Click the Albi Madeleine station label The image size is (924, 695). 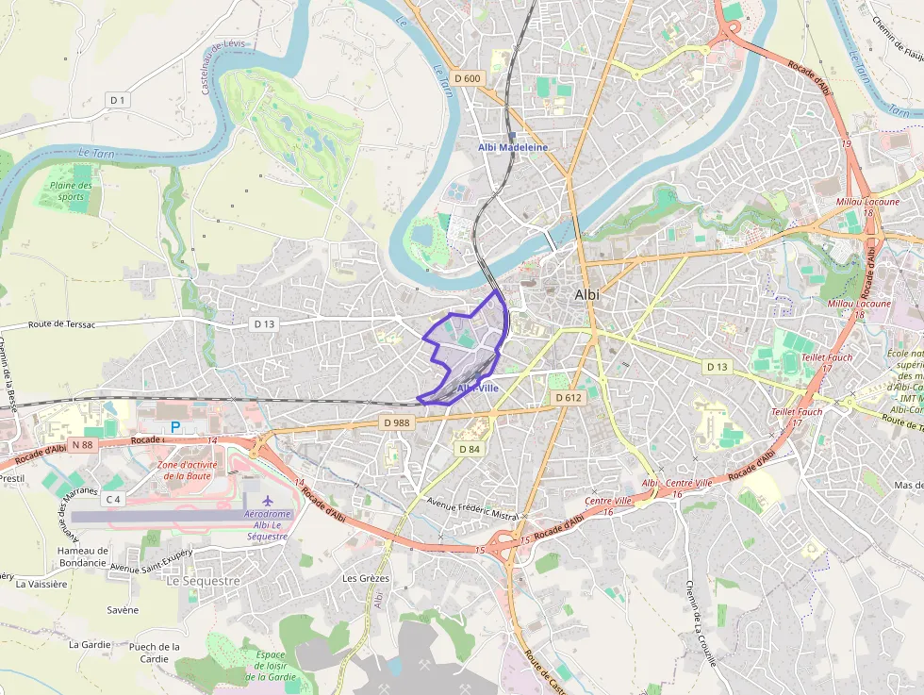coord(512,147)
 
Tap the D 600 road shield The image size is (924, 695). coord(466,78)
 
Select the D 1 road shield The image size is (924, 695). coord(118,99)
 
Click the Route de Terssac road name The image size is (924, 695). coord(62,324)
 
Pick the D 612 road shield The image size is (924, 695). coord(569,398)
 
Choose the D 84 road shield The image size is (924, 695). coord(470,449)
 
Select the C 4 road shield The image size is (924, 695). coord(114,499)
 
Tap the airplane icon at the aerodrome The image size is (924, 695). coord(268,499)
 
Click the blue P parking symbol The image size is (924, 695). coord(174,427)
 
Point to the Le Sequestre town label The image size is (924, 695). coord(203,581)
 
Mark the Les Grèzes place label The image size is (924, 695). coord(366,578)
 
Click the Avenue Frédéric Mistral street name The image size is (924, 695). coord(472,510)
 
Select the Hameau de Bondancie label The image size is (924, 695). coord(83,556)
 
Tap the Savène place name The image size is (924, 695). coord(123,610)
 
